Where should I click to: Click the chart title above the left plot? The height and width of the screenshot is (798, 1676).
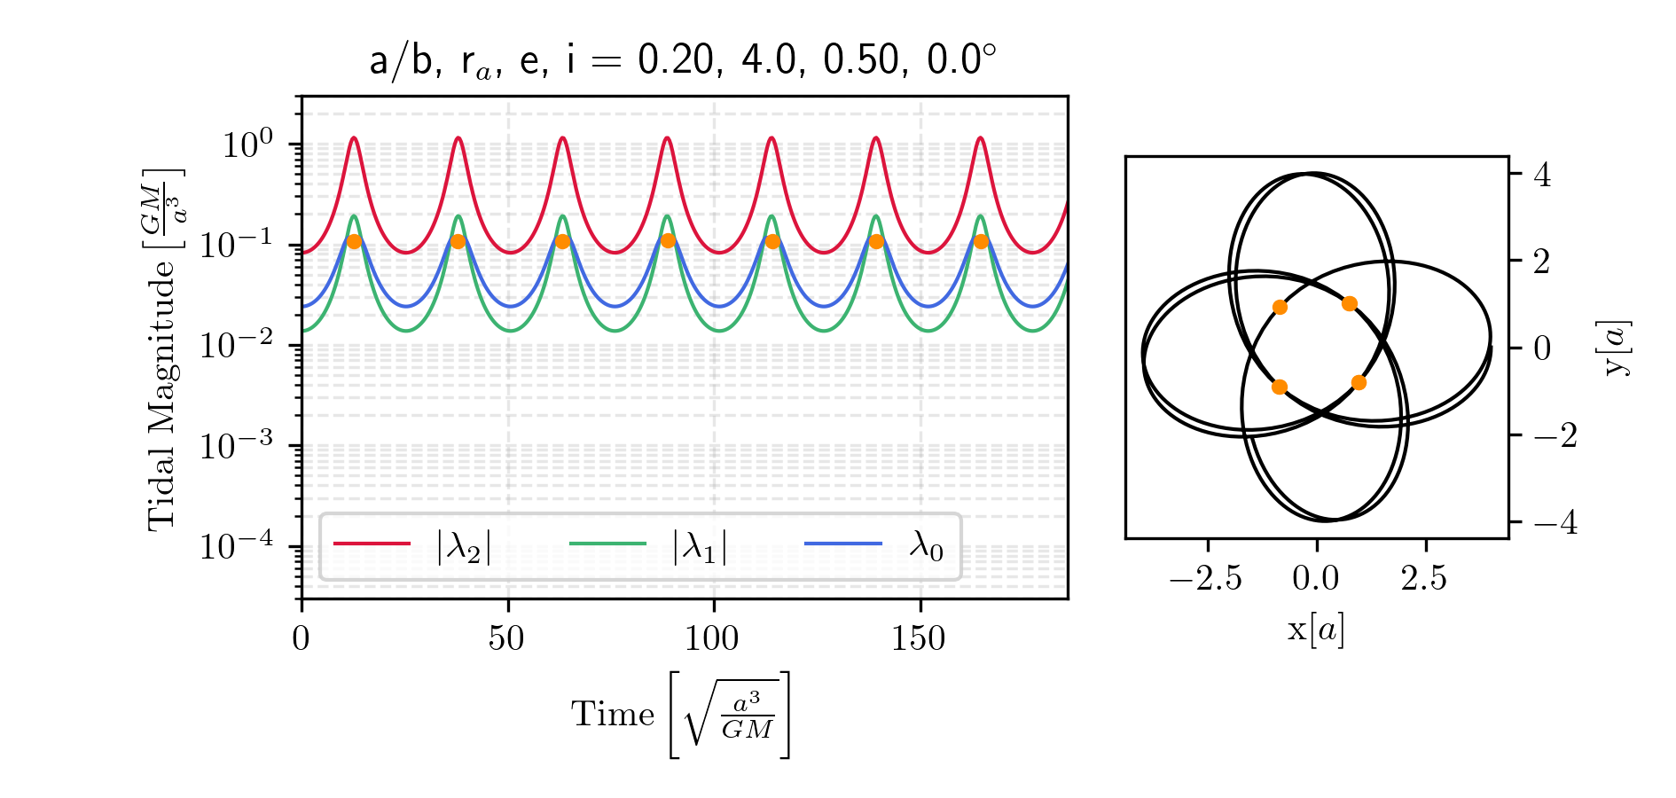tap(683, 60)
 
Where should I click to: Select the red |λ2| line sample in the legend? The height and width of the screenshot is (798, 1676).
tap(372, 544)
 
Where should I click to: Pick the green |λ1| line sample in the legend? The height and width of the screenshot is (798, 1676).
tap(607, 544)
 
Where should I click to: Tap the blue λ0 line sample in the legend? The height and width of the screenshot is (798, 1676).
tap(843, 544)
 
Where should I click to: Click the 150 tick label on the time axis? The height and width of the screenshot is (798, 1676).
tap(919, 638)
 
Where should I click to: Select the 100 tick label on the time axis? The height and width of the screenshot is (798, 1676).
tap(713, 638)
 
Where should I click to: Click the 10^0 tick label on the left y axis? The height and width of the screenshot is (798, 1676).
tap(247, 145)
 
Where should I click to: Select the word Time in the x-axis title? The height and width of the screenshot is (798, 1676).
tap(612, 715)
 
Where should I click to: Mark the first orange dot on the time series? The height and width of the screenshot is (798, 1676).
tap(354, 241)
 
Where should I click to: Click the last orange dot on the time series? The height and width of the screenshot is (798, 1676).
tap(981, 241)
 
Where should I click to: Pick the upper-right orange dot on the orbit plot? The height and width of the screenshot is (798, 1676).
tap(1350, 303)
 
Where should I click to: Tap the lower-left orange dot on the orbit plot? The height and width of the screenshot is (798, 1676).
tap(1279, 387)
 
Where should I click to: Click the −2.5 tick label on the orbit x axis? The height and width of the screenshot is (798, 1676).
tap(1205, 579)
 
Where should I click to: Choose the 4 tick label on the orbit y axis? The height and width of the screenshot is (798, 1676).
tap(1542, 176)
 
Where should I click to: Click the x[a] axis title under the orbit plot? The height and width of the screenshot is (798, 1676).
tap(1316, 629)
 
